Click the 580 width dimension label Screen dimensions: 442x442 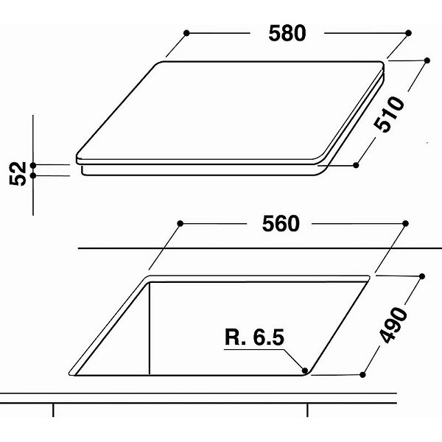click(287, 33)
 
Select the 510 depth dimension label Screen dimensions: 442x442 click(389, 114)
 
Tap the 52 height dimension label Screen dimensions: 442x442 click(18, 174)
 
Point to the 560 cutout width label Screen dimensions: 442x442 click(281, 224)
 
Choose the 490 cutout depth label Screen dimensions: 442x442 click(393, 326)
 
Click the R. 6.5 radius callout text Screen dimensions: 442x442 click(255, 337)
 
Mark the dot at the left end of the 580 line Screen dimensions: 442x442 click(186, 33)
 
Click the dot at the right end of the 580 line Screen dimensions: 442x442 click(408, 33)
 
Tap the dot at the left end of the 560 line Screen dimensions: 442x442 click(180, 223)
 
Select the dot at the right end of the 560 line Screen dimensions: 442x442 click(406, 223)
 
